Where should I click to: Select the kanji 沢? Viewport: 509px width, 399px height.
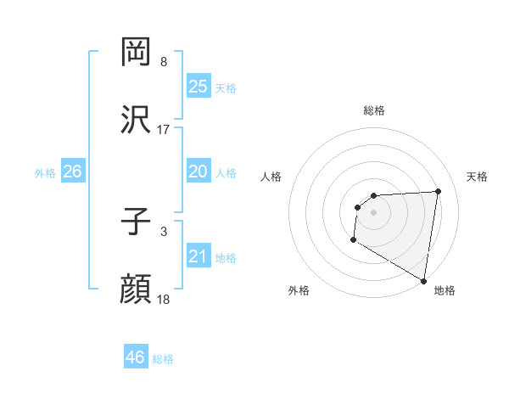(x=136, y=120)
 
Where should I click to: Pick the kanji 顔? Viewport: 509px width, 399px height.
(x=136, y=289)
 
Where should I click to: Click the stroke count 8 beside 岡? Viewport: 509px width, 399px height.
(x=164, y=62)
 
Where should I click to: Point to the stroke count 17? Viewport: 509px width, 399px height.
(x=164, y=130)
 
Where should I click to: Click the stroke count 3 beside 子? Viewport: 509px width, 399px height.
(x=164, y=230)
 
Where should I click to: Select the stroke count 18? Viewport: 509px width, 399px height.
(x=164, y=300)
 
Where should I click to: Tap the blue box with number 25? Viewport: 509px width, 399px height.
(x=199, y=87)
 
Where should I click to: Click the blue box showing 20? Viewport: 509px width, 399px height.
(x=199, y=171)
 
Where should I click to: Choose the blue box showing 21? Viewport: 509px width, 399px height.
(x=199, y=256)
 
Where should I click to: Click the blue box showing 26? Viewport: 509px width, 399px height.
(x=72, y=171)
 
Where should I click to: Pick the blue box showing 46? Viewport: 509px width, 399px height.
(x=135, y=357)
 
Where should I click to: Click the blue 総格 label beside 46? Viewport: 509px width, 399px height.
(x=163, y=359)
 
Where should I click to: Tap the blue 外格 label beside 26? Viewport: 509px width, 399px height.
(x=45, y=173)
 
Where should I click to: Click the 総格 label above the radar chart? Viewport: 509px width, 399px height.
(x=374, y=110)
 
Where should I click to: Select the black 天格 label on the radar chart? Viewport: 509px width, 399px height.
(x=477, y=177)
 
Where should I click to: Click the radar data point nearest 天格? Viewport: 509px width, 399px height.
(x=439, y=191)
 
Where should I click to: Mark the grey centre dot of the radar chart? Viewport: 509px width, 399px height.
(x=373, y=211)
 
